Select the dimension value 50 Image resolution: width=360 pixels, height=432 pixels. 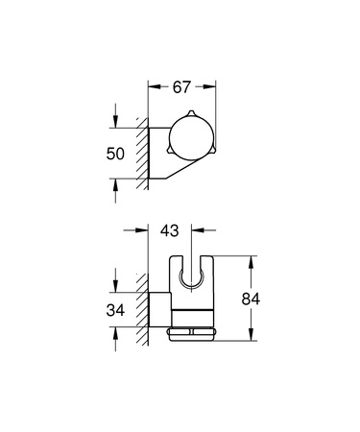(x=113, y=153)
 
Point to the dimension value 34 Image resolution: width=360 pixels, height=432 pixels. (x=113, y=310)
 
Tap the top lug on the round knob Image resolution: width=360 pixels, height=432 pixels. (x=190, y=118)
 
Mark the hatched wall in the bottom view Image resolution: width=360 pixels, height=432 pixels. (x=143, y=307)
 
